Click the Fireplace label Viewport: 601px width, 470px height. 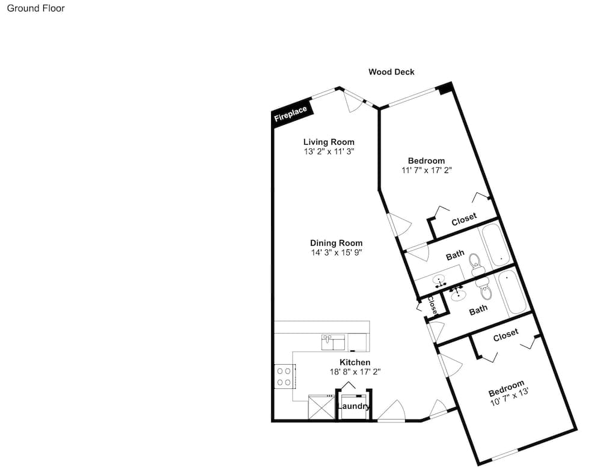pyautogui.click(x=290, y=114)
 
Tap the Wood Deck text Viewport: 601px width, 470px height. pyautogui.click(x=391, y=72)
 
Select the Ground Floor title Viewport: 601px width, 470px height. pyautogui.click(x=36, y=8)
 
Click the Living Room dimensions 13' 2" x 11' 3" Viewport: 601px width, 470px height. pyautogui.click(x=329, y=151)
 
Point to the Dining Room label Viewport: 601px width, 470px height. pyautogui.click(x=336, y=243)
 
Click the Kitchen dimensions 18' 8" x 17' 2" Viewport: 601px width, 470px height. pyautogui.click(x=355, y=372)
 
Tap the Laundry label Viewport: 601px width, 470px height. pyautogui.click(x=353, y=406)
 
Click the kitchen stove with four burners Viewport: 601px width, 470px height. pyautogui.click(x=284, y=376)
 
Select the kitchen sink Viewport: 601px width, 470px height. pyautogui.click(x=333, y=343)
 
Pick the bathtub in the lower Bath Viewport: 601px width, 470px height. pyautogui.click(x=511, y=292)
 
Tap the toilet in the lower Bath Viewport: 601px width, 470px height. pyautogui.click(x=485, y=290)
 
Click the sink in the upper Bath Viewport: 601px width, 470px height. pyautogui.click(x=439, y=281)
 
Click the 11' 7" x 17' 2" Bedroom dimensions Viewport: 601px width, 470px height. pyautogui.click(x=427, y=170)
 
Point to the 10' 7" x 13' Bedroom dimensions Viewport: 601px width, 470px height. pyautogui.click(x=510, y=397)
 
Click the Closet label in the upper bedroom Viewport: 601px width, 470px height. pyautogui.click(x=464, y=219)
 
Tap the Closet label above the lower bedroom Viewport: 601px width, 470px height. pyautogui.click(x=506, y=335)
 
